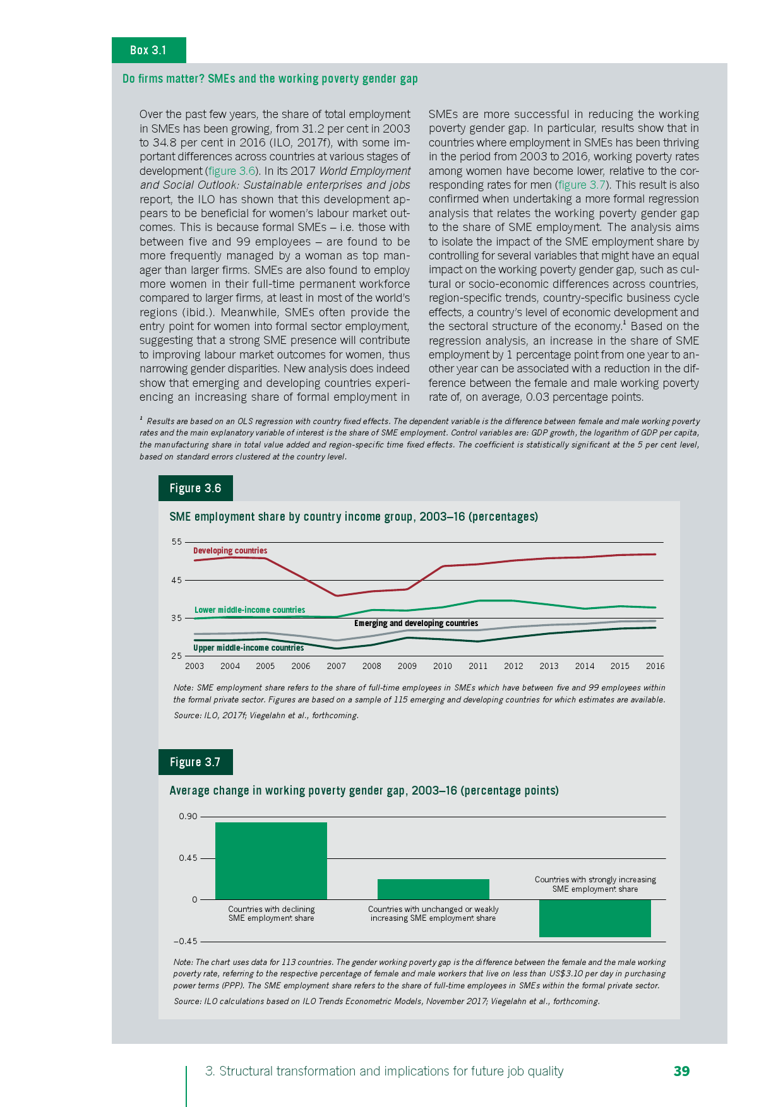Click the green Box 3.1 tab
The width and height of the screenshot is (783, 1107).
point(148,50)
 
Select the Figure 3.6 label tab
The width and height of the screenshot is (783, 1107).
point(195,488)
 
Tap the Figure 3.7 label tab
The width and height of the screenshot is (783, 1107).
point(195,762)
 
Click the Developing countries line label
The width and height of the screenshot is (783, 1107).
point(230,550)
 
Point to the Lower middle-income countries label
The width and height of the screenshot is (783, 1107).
point(249,610)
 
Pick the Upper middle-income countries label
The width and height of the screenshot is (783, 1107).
point(248,648)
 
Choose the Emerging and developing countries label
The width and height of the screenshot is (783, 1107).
point(415,623)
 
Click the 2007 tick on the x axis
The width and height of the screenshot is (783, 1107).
point(336,666)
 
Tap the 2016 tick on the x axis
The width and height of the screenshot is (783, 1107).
point(655,666)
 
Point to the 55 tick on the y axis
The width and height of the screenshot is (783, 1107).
point(176,542)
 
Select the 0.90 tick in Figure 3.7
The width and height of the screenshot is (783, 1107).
point(188,816)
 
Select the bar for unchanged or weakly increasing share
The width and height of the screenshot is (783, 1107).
point(433,889)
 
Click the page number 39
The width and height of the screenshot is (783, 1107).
point(681,1071)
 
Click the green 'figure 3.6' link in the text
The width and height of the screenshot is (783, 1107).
point(231,171)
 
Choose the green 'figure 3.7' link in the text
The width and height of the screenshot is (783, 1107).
point(582,185)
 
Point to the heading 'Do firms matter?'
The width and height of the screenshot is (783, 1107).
point(270,79)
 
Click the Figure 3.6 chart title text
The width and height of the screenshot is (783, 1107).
point(354,516)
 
